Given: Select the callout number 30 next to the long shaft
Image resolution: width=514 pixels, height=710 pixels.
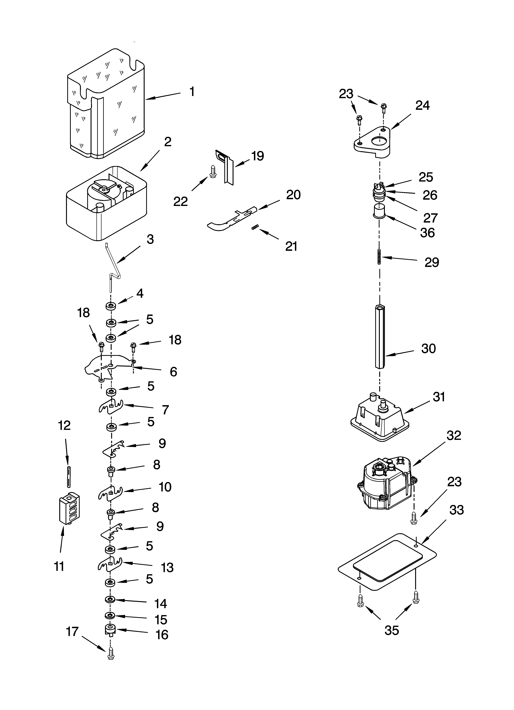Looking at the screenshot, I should click(x=428, y=348).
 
